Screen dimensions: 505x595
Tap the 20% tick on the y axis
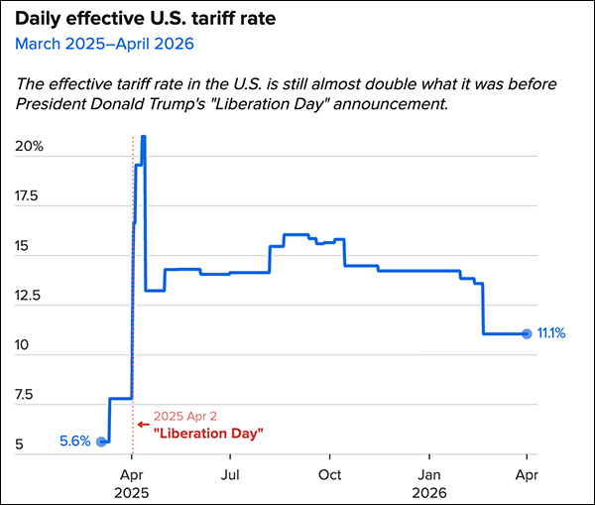(x=31, y=147)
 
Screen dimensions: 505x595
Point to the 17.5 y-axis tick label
(x=29, y=196)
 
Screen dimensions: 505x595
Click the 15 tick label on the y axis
(x=24, y=246)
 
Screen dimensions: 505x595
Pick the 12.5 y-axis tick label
(x=29, y=296)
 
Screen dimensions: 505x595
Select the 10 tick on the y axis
(x=24, y=345)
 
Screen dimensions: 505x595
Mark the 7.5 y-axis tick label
(x=26, y=395)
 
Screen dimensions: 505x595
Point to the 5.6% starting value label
(x=75, y=442)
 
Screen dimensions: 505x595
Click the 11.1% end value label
(x=550, y=333)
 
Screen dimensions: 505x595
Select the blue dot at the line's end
(x=527, y=333)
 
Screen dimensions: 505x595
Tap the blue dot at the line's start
(x=101, y=442)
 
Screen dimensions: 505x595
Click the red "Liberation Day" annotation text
(x=208, y=434)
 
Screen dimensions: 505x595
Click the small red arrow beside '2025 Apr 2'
(x=142, y=423)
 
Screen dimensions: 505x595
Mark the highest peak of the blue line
(x=144, y=137)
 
